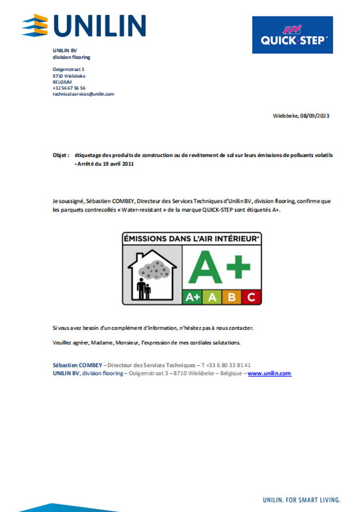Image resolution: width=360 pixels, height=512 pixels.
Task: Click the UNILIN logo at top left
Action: point(84,26)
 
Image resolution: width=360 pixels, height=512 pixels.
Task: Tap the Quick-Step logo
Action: point(293,35)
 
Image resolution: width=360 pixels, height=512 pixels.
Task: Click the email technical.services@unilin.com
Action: point(83,94)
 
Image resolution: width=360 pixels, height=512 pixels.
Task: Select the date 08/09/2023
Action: point(315,115)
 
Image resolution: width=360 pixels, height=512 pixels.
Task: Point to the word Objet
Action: point(60,155)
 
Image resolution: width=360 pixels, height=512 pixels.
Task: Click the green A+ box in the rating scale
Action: point(192,297)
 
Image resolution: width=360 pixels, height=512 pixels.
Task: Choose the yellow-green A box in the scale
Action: point(212,297)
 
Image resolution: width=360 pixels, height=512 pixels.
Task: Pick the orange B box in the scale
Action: point(231,297)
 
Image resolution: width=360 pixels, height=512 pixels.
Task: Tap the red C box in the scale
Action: point(251,297)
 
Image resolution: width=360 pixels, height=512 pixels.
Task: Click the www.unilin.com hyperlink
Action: point(269,373)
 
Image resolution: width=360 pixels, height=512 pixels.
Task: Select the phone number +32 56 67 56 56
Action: point(69,88)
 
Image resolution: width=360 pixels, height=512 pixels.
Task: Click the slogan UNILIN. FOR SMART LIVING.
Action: point(301,498)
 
